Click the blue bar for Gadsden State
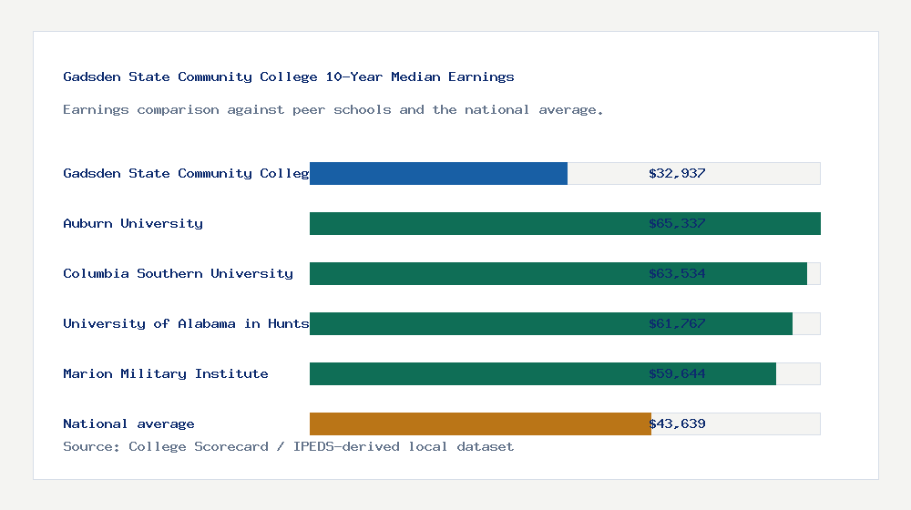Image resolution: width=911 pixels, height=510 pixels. pyautogui.click(x=438, y=173)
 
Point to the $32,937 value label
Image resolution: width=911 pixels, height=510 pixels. pyautogui.click(x=677, y=173)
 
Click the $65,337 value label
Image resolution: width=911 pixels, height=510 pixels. pyautogui.click(x=677, y=223)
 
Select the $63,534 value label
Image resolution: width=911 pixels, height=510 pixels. pyautogui.click(x=677, y=273)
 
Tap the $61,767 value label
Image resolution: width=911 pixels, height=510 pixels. pyautogui.click(x=677, y=323)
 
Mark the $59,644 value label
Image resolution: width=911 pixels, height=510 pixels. pyautogui.click(x=677, y=373)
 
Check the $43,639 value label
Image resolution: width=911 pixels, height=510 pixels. pyautogui.click(x=677, y=423)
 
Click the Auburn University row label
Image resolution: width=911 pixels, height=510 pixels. pyautogui.click(x=133, y=223)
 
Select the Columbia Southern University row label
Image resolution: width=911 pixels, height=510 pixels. pyautogui.click(x=178, y=273)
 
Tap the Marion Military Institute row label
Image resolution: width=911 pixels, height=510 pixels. pyautogui.click(x=166, y=373)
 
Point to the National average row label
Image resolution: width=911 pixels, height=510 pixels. pyautogui.click(x=128, y=423)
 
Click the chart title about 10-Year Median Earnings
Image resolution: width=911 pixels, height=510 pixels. pyautogui.click(x=289, y=76)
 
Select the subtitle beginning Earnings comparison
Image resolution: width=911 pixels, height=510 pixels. pyautogui.click(x=333, y=109)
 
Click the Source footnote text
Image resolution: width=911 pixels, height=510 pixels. pyautogui.click(x=288, y=446)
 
